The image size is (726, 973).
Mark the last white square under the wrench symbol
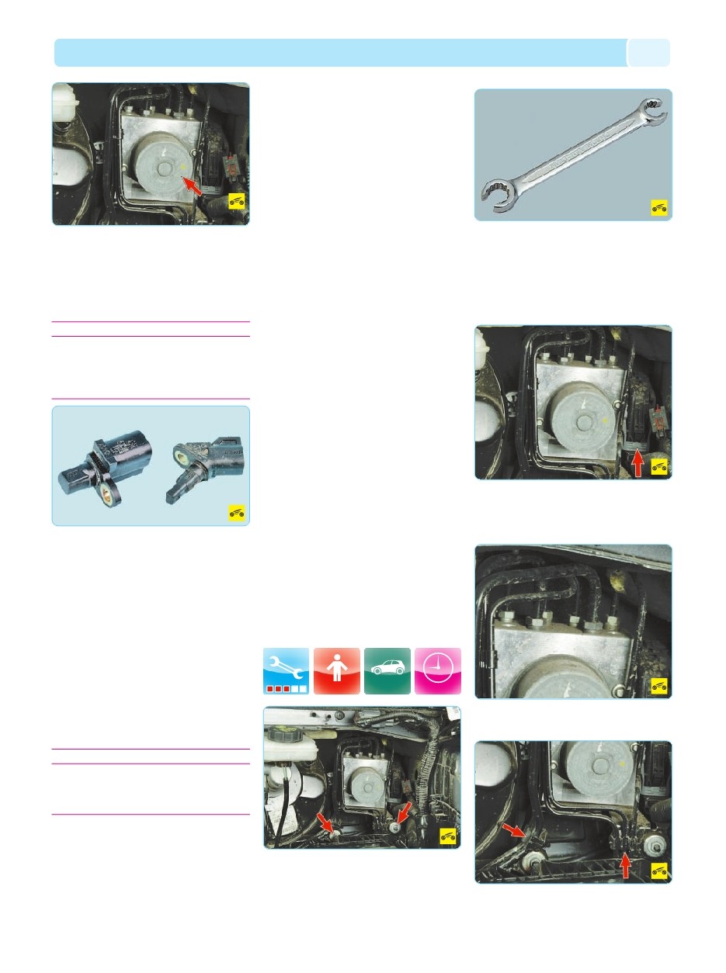[x=303, y=688]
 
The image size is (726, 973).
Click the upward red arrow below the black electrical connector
[x=638, y=463]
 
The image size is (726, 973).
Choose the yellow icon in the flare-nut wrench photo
[x=659, y=208]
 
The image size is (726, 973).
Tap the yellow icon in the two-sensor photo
[x=237, y=512]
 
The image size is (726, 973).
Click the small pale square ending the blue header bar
[x=648, y=53]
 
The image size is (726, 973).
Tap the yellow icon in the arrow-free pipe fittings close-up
[x=659, y=686]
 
